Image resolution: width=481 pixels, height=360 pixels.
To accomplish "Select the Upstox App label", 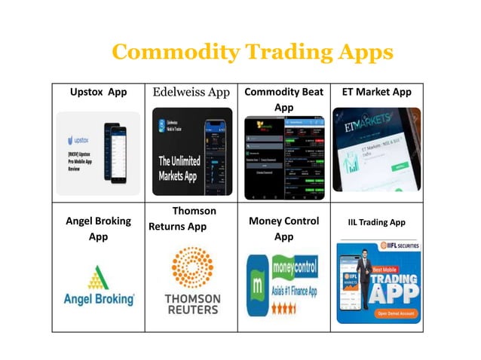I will tap(98, 92).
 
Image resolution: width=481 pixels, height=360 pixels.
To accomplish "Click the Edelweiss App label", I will tap(191, 92).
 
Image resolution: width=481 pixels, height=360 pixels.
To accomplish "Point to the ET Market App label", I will tap(376, 92).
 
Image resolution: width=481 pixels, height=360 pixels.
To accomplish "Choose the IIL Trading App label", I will tap(376, 222).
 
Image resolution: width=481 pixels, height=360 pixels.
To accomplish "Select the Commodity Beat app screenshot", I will tap(283, 157).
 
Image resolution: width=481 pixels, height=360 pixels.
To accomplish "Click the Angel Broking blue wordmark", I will tap(99, 299).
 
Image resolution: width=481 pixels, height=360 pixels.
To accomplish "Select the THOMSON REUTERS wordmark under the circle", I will tap(191, 304).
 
